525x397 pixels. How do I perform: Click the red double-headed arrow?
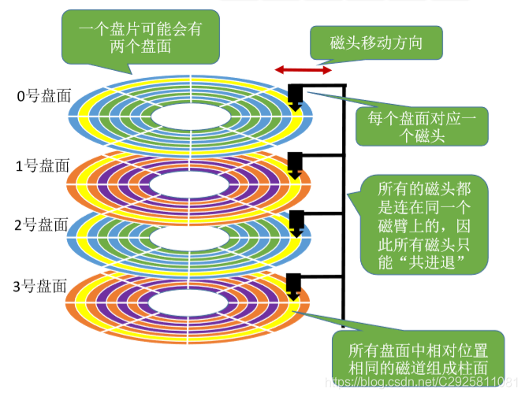302,70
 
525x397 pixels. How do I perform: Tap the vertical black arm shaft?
344,197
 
